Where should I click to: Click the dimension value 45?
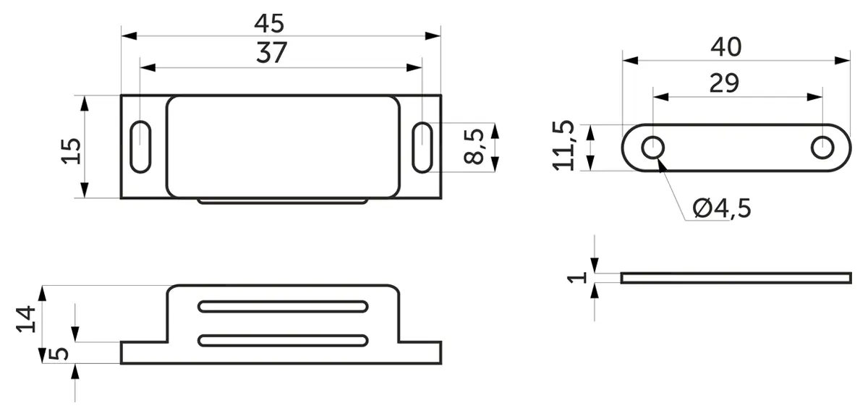[269, 23]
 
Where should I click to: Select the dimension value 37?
[272, 52]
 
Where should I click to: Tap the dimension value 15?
[72, 151]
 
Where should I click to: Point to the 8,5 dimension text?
[474, 146]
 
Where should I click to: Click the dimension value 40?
[726, 47]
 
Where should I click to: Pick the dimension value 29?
[724, 83]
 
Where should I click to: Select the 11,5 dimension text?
[563, 145]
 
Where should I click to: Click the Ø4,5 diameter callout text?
[722, 208]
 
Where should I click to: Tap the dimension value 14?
[26, 320]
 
